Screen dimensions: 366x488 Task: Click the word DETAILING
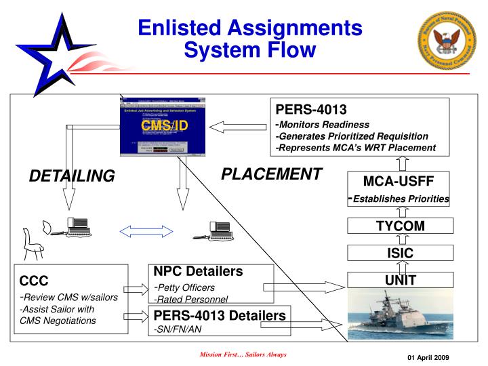tap(72, 176)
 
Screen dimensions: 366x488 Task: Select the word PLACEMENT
tap(271, 174)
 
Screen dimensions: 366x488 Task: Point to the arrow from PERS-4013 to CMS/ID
tap(238, 126)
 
